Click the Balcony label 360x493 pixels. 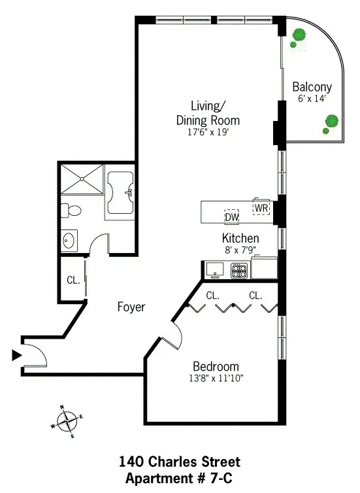[x=312, y=86]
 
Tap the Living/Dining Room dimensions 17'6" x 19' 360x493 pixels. [x=207, y=131]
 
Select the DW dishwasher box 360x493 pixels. [x=232, y=217]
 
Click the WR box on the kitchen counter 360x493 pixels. [x=261, y=208]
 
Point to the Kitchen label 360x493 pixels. [x=240, y=238]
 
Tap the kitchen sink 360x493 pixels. [x=215, y=269]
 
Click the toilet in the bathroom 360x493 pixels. [x=70, y=210]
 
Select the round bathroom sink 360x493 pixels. [x=69, y=241]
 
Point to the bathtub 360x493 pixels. [x=121, y=194]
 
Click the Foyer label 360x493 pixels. [x=131, y=307]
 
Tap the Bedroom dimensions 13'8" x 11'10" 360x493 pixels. [x=215, y=377]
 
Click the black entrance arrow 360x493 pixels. [x=16, y=355]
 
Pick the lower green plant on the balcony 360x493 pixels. [x=331, y=122]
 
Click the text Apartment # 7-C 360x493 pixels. [x=179, y=477]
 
